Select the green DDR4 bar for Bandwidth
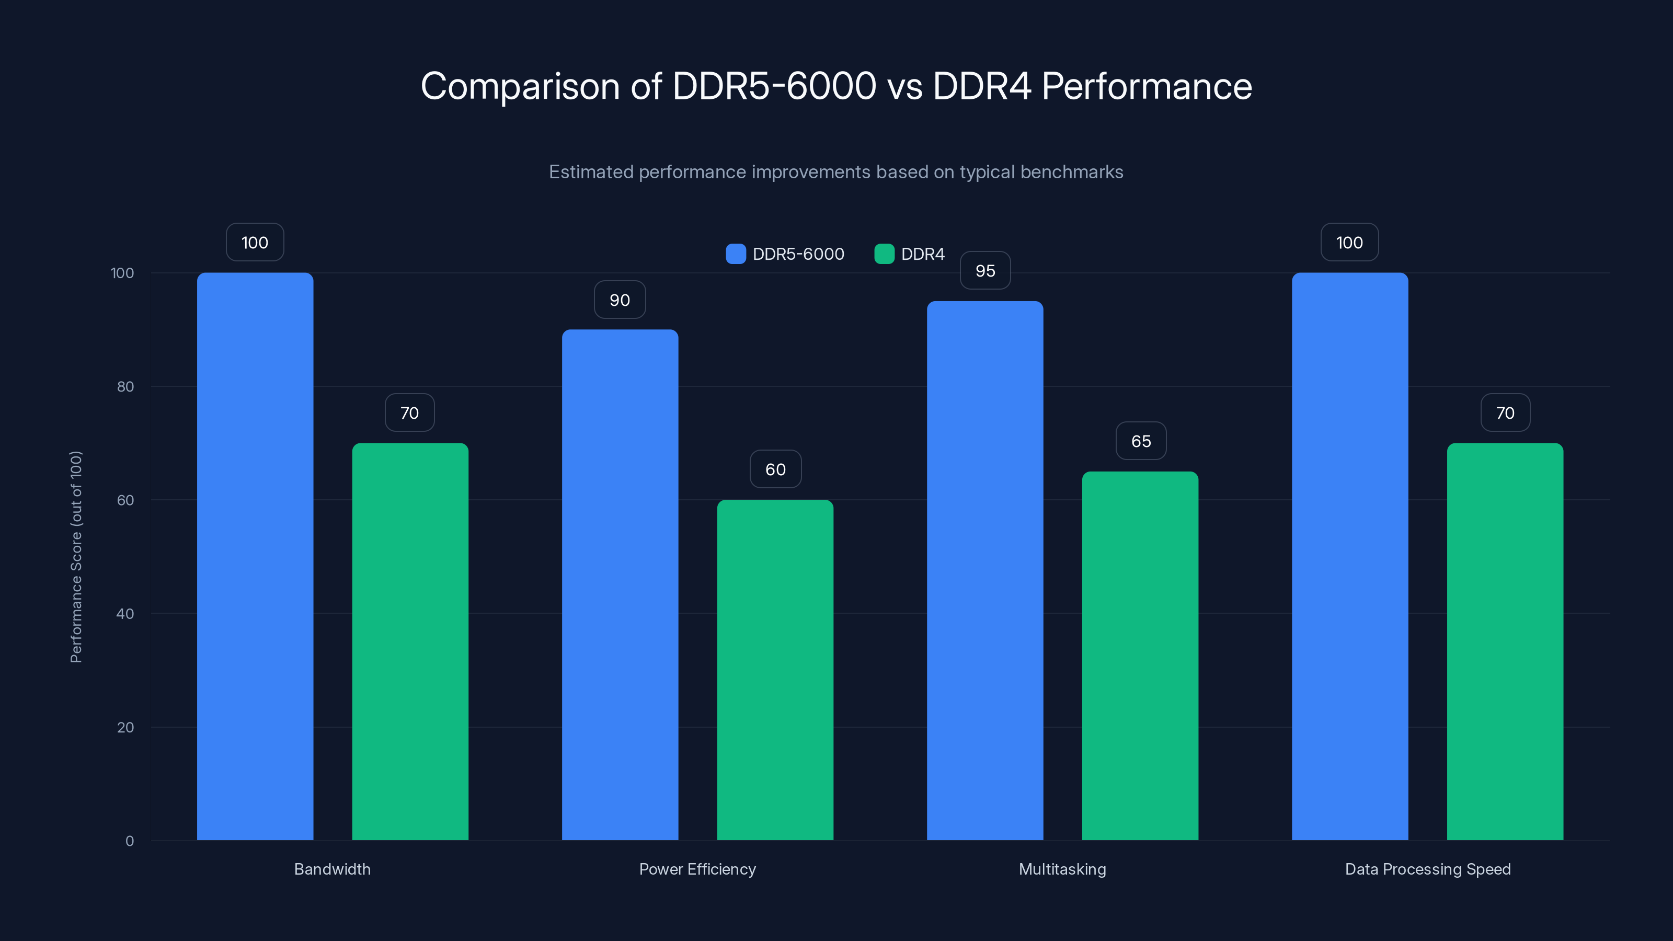click(x=410, y=641)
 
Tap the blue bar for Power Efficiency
click(x=620, y=584)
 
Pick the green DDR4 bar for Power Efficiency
click(x=775, y=670)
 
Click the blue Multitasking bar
click(x=984, y=570)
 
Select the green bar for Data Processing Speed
click(x=1505, y=641)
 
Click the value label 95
click(x=985, y=271)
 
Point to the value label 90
click(x=620, y=300)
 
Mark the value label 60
click(x=775, y=469)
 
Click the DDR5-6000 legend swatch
click(x=736, y=254)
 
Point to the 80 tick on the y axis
click(x=125, y=386)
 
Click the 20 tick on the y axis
click(x=125, y=727)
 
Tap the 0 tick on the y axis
click(x=129, y=841)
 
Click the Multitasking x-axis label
click(x=1062, y=869)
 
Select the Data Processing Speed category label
click(x=1427, y=869)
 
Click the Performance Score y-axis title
click(x=76, y=557)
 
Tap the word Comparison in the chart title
click(x=520, y=86)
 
